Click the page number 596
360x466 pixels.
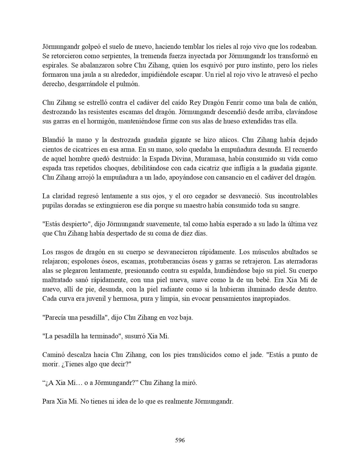click(x=180, y=440)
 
